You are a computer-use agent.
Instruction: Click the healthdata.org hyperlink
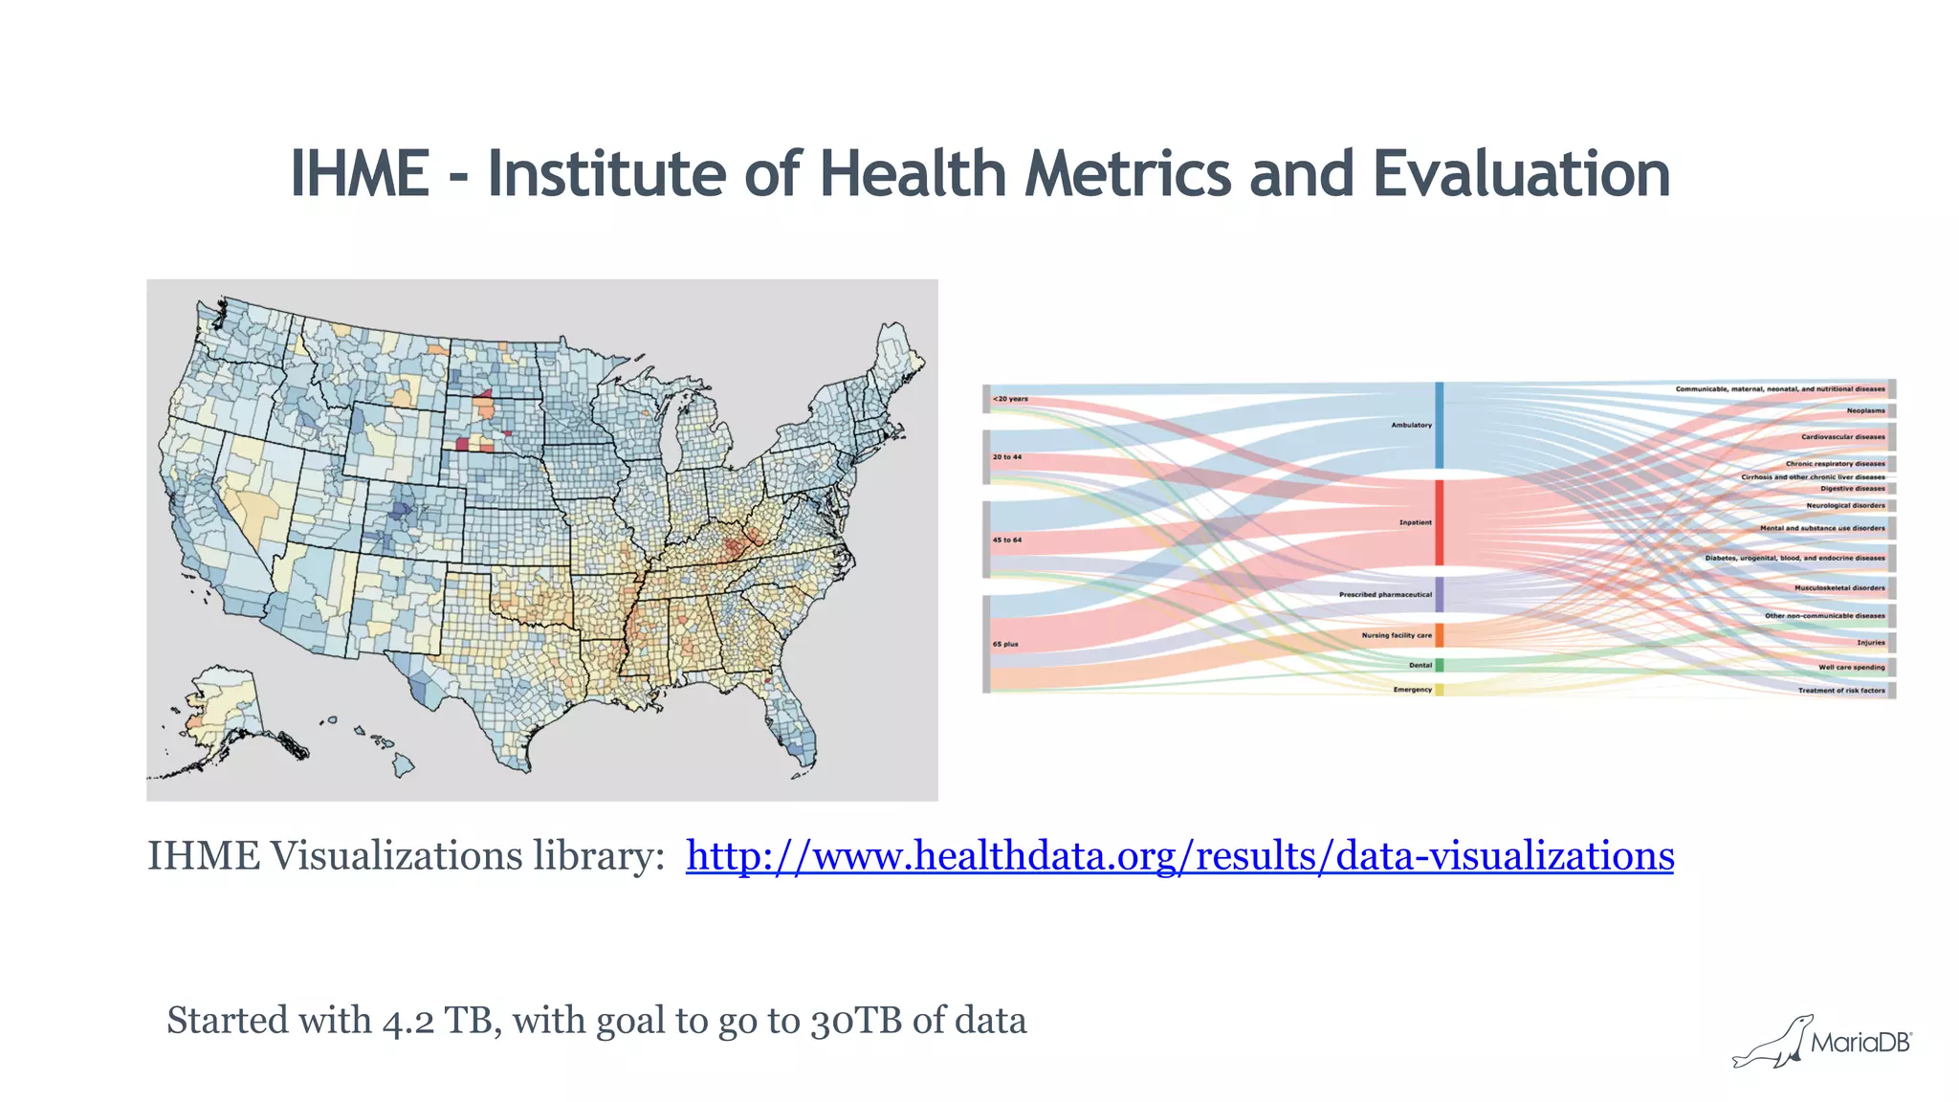tap(1179, 855)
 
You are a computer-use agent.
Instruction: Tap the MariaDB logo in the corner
tap(1822, 1042)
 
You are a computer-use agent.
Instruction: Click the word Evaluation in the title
tap(1521, 174)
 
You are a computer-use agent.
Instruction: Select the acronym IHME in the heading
tap(360, 174)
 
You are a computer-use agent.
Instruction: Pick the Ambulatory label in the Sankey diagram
tap(1411, 425)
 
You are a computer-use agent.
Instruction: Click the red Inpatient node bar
tap(1439, 522)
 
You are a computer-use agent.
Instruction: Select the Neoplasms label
tap(1865, 410)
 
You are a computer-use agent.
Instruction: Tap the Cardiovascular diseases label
tap(1842, 437)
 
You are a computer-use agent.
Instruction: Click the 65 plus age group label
tap(1005, 644)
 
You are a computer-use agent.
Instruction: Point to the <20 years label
tap(1010, 399)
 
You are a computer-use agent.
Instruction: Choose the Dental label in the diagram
tap(1420, 665)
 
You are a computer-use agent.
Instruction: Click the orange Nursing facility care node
tap(1439, 635)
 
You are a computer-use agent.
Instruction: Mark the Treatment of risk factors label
tap(1840, 690)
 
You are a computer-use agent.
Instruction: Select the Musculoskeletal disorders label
tap(1838, 588)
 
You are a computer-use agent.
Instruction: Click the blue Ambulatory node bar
tap(1439, 425)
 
